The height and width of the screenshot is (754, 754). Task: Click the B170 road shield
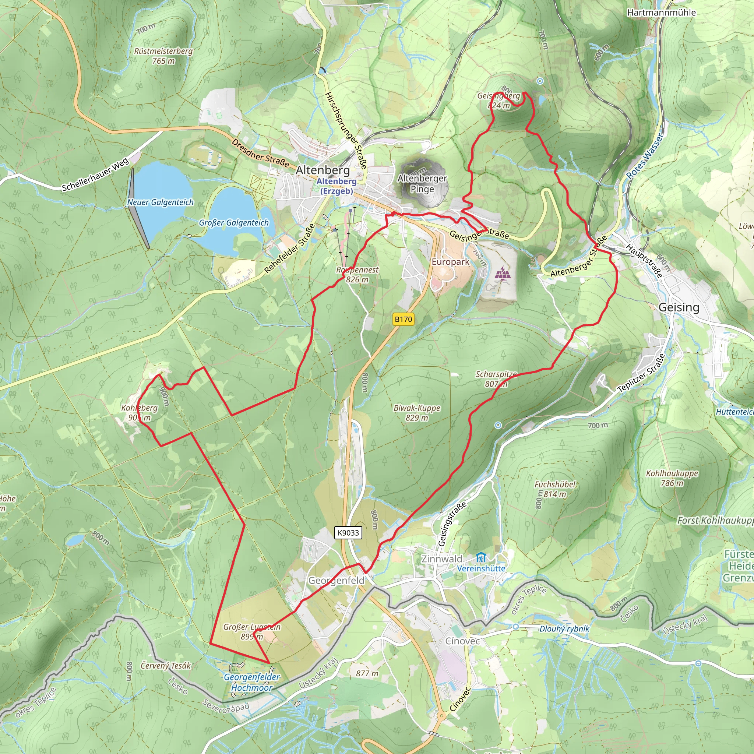pyautogui.click(x=403, y=319)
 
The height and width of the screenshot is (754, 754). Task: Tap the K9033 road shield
pyautogui.click(x=348, y=533)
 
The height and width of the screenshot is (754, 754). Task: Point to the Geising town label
pyautogui.click(x=679, y=307)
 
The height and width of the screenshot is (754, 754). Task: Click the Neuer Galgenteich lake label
pyautogui.click(x=161, y=202)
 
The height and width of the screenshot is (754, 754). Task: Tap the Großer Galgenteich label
pyautogui.click(x=234, y=222)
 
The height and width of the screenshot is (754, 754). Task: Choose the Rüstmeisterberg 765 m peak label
pyautogui.click(x=163, y=56)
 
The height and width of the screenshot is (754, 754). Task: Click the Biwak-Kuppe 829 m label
pyautogui.click(x=417, y=412)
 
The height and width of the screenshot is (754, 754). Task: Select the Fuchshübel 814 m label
pyautogui.click(x=555, y=489)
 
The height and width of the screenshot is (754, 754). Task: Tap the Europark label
pyautogui.click(x=450, y=262)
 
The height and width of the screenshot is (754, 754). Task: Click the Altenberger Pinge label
pyautogui.click(x=422, y=183)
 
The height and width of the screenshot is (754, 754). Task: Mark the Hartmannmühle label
pyautogui.click(x=661, y=13)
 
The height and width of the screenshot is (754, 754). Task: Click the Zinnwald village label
pyautogui.click(x=442, y=559)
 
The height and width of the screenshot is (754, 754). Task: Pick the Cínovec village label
pyautogui.click(x=462, y=641)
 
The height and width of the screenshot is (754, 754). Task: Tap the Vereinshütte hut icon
pyautogui.click(x=481, y=557)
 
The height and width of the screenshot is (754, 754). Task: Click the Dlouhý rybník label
pyautogui.click(x=564, y=629)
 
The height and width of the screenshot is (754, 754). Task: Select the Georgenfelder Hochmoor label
pyautogui.click(x=252, y=682)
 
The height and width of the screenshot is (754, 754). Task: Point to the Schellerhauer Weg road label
pyautogui.click(x=95, y=175)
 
